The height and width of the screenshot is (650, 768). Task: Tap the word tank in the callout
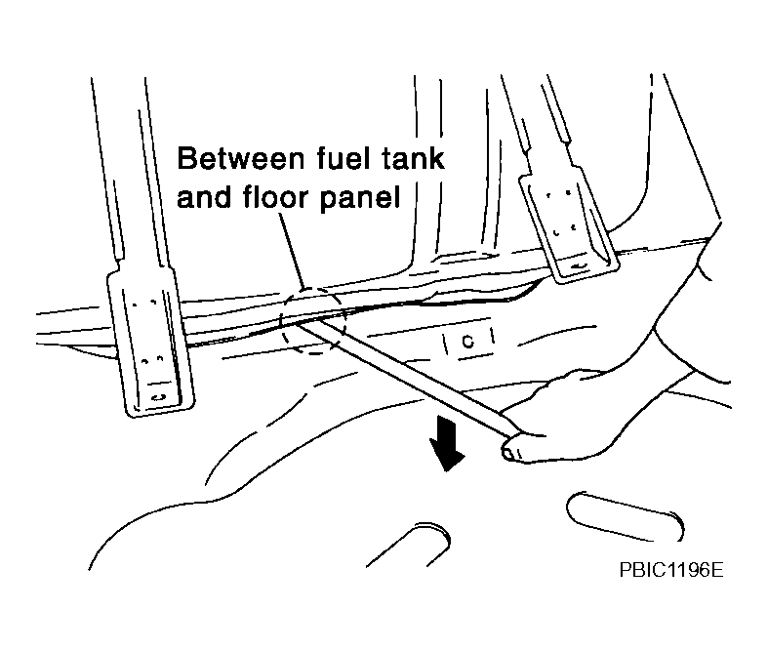click(413, 158)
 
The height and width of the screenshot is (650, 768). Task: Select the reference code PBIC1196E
click(671, 570)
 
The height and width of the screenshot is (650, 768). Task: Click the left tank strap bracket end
click(150, 343)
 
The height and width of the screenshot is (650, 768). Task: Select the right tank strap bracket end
click(568, 225)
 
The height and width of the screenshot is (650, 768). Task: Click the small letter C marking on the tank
click(468, 341)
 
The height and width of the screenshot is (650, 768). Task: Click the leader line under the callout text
click(293, 251)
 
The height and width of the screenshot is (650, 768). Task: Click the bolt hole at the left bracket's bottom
click(158, 397)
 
